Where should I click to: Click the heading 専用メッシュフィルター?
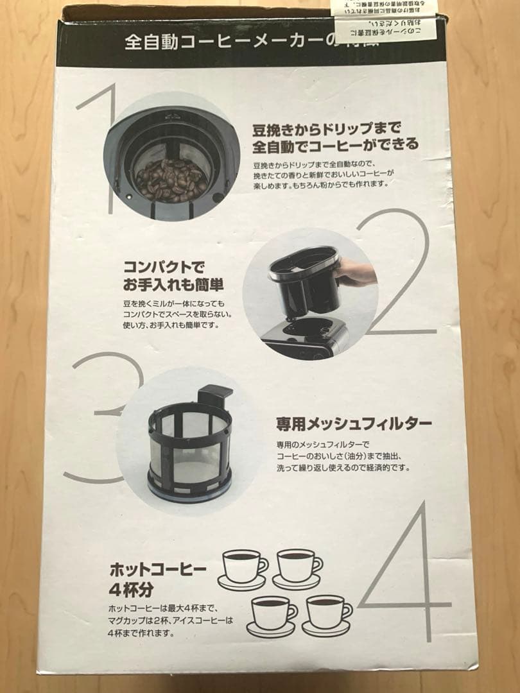353,424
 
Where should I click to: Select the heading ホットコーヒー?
158,569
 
